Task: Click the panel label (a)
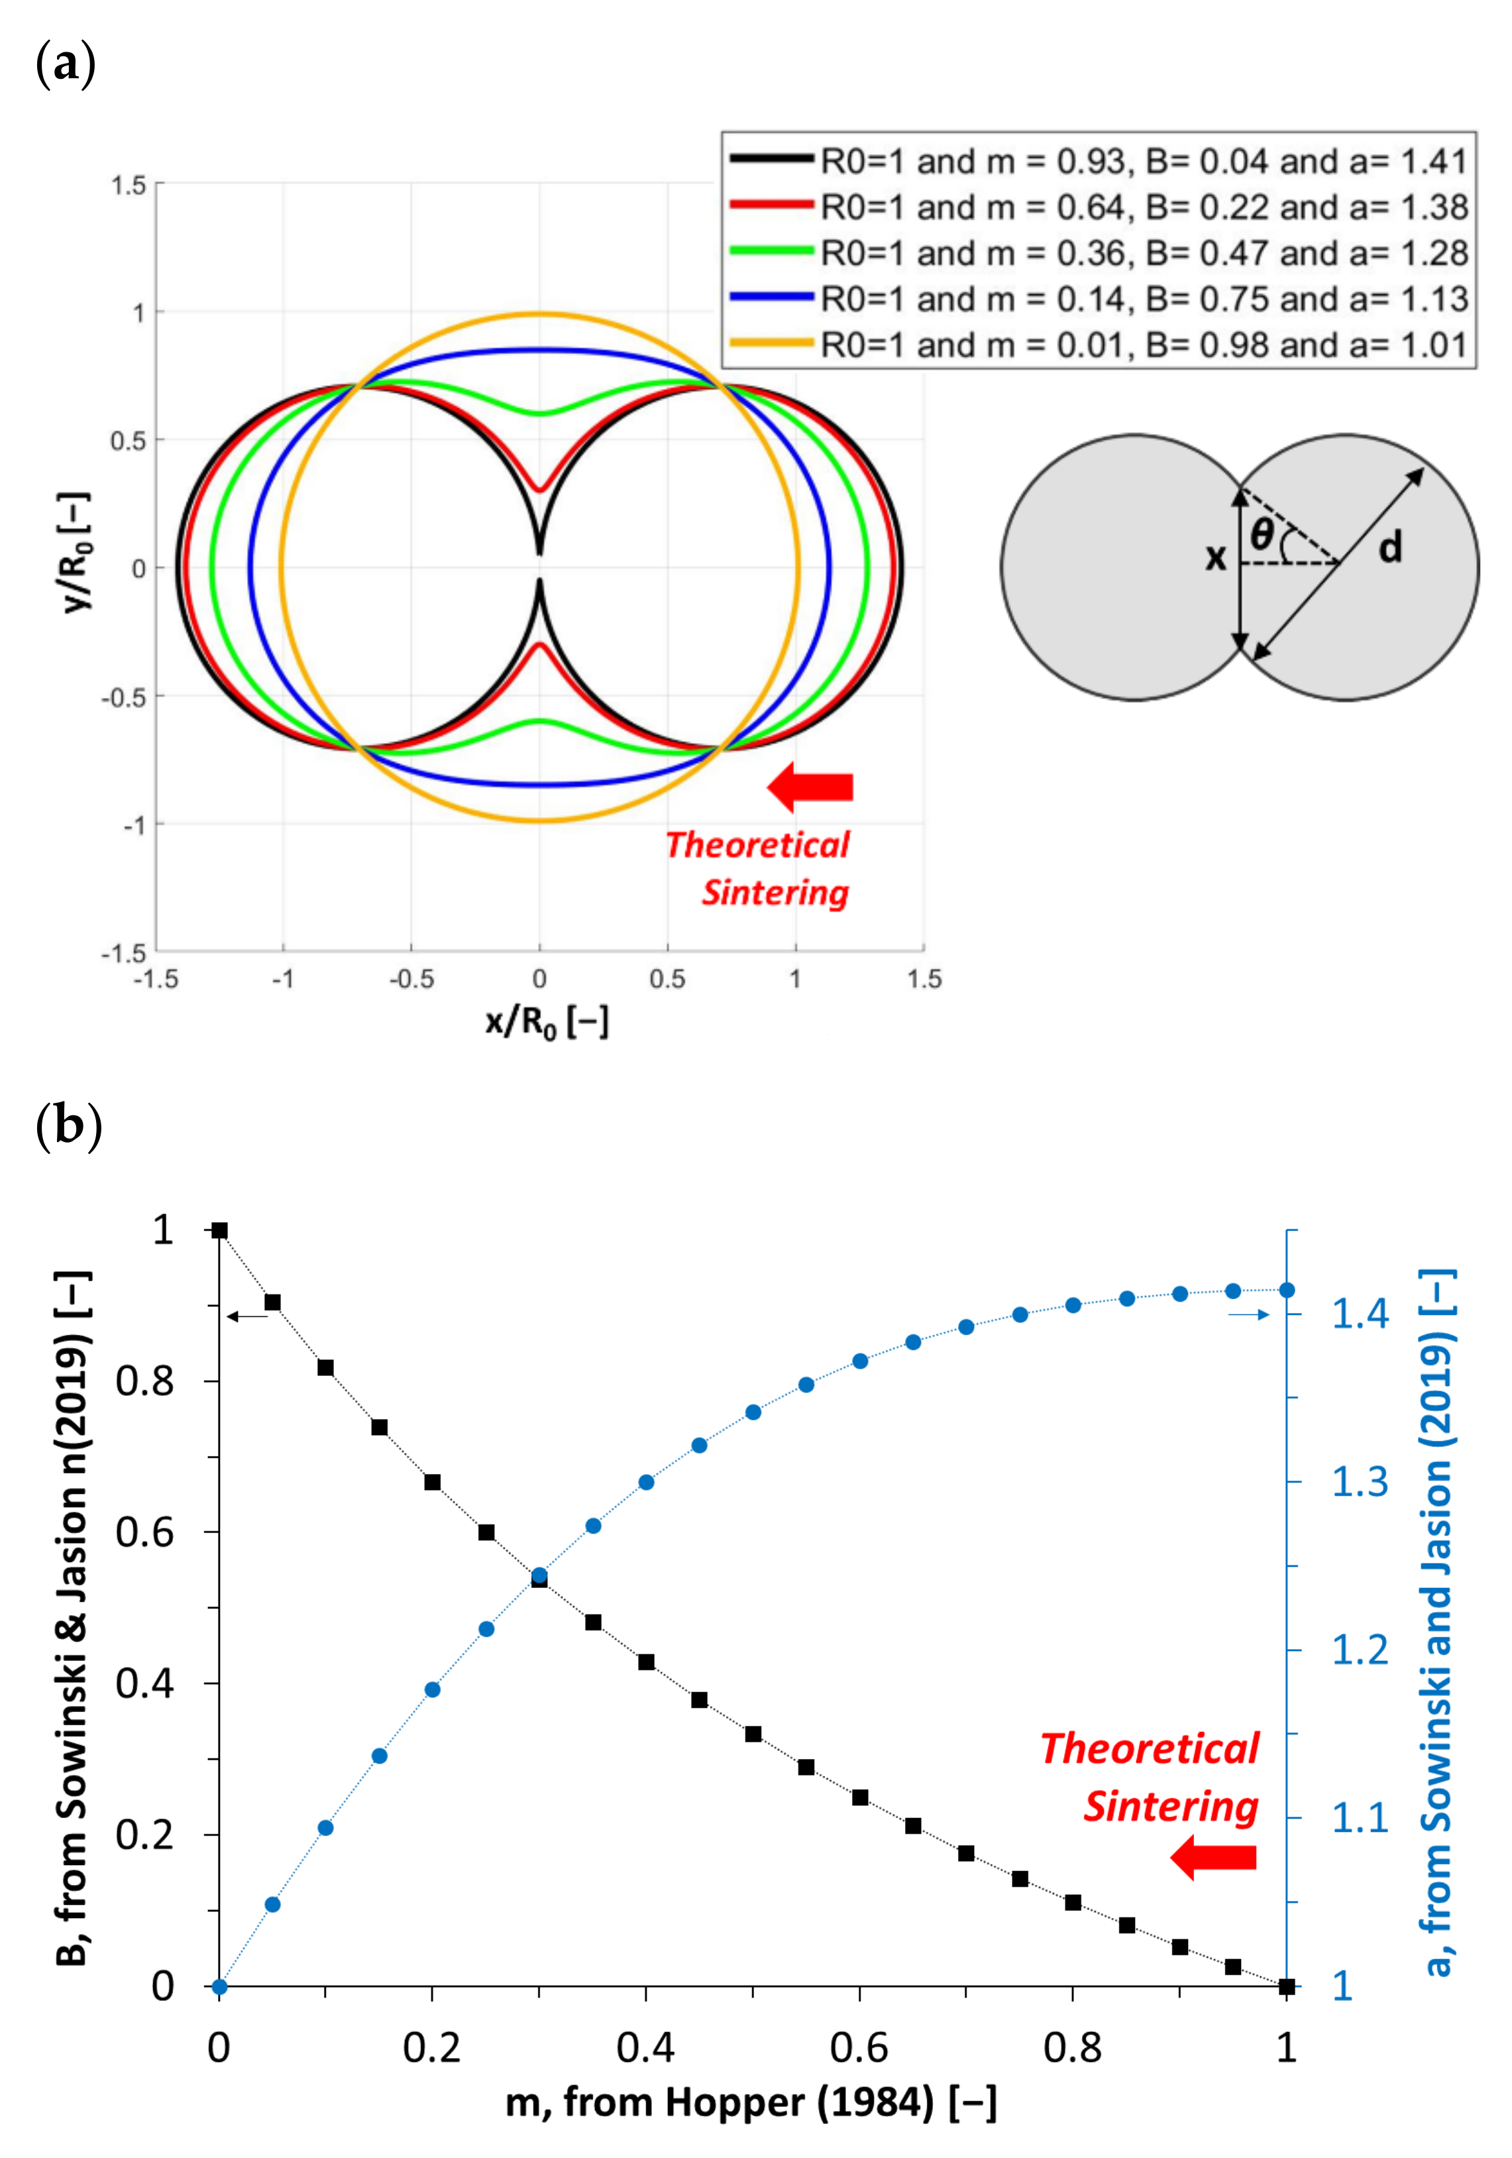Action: [x=65, y=65]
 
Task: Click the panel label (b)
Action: [x=68, y=1124]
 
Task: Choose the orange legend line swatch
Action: [x=771, y=344]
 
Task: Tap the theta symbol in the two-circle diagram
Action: [x=1261, y=536]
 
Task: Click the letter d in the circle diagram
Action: [x=1390, y=547]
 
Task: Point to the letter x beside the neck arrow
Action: [x=1215, y=557]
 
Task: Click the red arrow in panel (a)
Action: [x=810, y=786]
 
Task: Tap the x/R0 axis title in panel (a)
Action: [x=547, y=1021]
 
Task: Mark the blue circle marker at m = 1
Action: [x=1287, y=1290]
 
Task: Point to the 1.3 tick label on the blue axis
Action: [x=1359, y=1481]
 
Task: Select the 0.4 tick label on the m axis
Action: [x=645, y=2047]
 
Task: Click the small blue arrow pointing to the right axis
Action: [x=1249, y=1314]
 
